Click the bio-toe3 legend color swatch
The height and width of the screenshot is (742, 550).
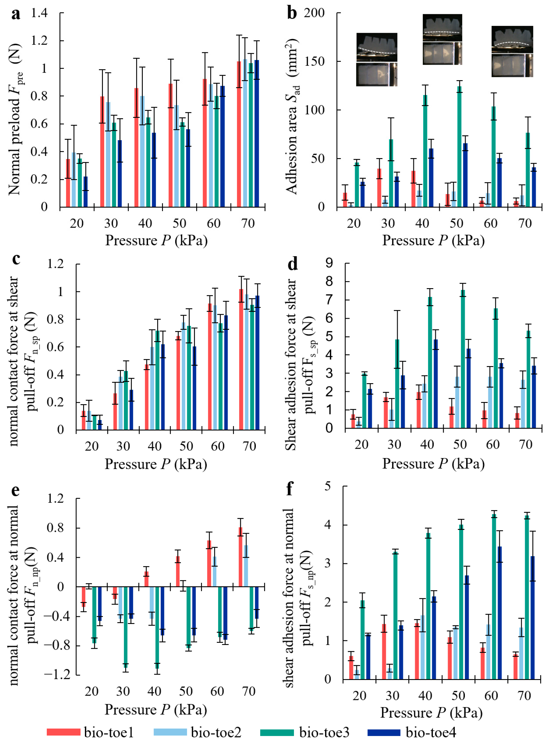point(277,732)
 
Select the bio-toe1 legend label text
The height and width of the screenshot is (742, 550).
point(109,732)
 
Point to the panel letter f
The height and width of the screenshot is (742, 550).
point(290,489)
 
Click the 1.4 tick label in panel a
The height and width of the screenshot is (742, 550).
point(39,13)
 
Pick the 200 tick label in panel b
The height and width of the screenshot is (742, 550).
point(314,13)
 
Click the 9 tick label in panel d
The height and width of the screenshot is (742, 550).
point(329,263)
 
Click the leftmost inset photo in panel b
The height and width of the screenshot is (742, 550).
point(377,59)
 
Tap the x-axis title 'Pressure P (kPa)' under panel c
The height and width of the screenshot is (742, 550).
point(156,464)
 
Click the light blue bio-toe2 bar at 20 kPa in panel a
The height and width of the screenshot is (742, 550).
point(74,180)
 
